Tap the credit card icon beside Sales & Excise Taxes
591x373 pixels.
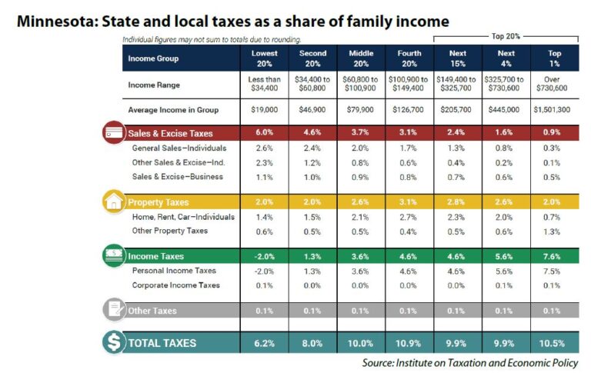[x=113, y=132]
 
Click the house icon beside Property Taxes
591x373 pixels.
[x=113, y=201]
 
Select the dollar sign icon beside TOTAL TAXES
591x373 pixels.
[x=113, y=342]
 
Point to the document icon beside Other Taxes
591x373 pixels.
[x=113, y=310]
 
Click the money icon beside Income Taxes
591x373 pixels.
[x=113, y=256]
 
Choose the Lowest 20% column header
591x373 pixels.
[x=264, y=58]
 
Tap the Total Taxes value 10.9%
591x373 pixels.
[x=409, y=343]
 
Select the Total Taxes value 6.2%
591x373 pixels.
[x=264, y=343]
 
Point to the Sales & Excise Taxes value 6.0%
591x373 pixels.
[x=264, y=132]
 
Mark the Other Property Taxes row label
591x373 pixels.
[x=170, y=231]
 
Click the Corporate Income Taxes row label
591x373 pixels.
[x=176, y=285]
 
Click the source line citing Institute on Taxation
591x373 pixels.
[x=470, y=362]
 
